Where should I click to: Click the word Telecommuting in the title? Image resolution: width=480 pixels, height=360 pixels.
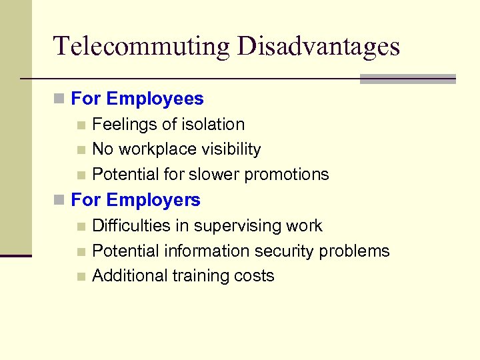point(142,46)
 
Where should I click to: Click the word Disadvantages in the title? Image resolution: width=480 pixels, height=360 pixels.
point(319,46)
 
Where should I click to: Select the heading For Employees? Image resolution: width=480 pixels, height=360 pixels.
point(137,99)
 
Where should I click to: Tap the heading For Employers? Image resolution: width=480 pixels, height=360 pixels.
point(135,199)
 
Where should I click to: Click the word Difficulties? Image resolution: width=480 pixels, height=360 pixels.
point(131,226)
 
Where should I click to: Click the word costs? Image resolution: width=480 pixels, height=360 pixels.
point(254,276)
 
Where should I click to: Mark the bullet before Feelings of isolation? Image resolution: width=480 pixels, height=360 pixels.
point(81,125)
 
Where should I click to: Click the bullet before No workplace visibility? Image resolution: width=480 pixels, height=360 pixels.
point(81,150)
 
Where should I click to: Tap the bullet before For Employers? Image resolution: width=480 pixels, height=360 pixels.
point(59,200)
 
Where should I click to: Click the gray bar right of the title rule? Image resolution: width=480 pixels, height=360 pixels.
point(407,79)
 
